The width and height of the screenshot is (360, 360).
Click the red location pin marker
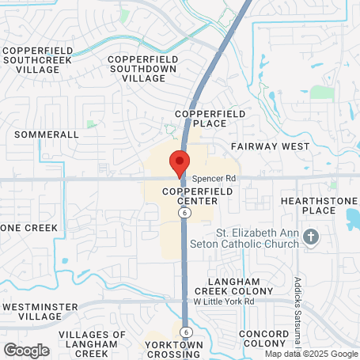(179, 163)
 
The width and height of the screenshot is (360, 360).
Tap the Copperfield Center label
(191, 197)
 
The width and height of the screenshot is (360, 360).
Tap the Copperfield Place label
(210, 119)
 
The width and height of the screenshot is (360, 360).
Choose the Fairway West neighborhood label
(270, 147)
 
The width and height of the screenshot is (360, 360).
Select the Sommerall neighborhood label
(47, 135)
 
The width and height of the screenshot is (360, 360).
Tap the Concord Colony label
(265, 338)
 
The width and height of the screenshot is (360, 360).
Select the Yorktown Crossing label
(174, 350)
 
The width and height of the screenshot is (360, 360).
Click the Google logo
(26, 350)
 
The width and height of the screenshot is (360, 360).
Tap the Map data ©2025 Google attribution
(310, 354)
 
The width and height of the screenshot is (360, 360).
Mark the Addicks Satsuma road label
(297, 305)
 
